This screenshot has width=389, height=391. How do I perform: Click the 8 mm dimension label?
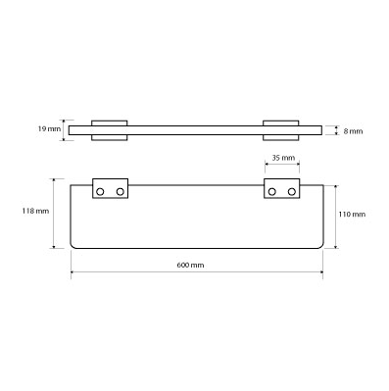(353, 131)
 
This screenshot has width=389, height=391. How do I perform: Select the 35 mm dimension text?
(283, 158)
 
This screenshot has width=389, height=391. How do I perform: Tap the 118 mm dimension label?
(35, 211)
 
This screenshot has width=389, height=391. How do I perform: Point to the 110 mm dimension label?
(352, 215)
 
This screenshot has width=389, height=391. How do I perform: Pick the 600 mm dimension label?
(190, 265)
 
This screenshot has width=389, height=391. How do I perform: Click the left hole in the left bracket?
(100, 192)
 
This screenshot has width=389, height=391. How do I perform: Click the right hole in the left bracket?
(121, 192)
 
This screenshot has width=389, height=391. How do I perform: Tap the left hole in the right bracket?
(271, 192)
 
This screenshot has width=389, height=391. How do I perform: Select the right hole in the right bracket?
(292, 192)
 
